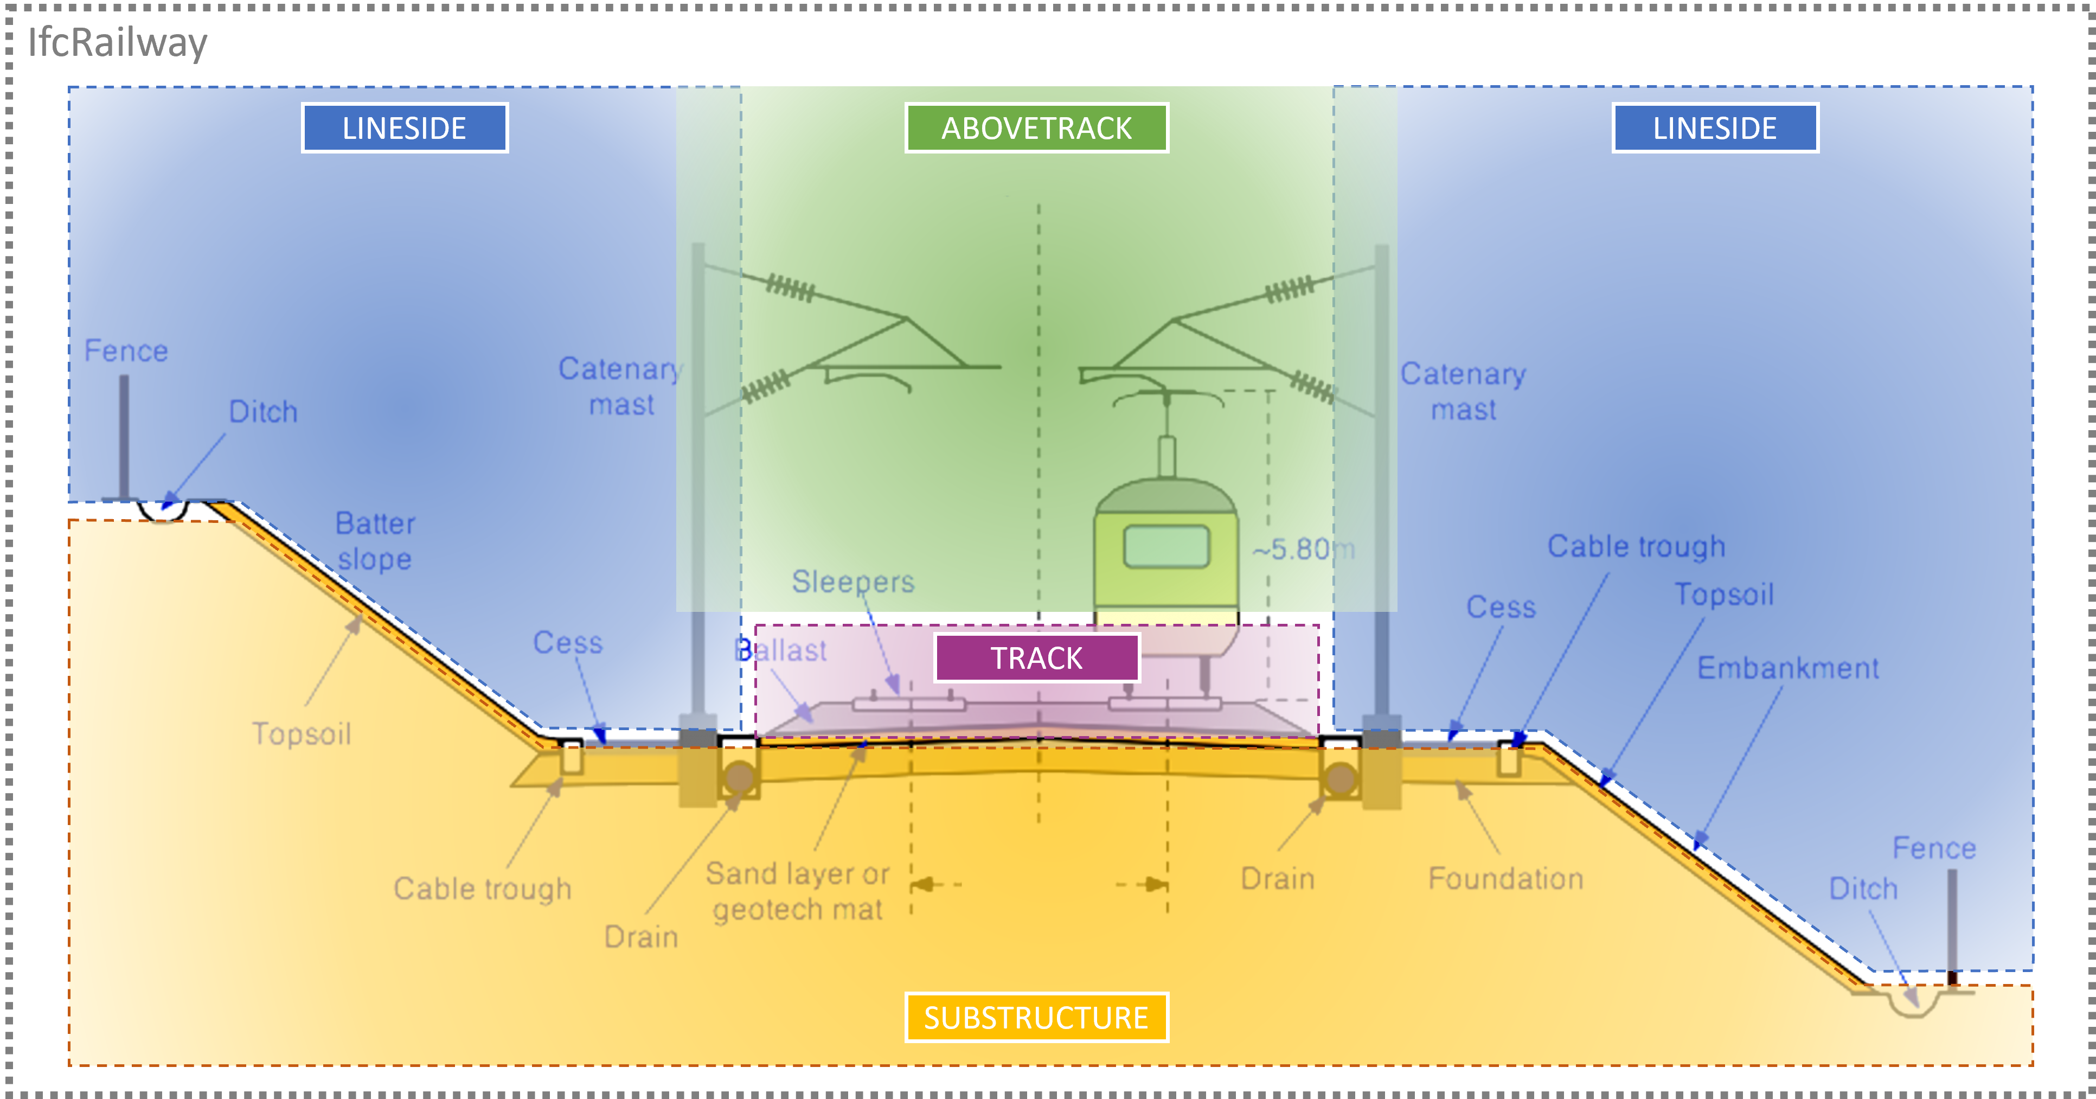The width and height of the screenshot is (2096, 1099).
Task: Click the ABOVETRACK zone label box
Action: (x=1036, y=128)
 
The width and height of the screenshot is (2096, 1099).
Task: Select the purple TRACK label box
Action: (x=1036, y=658)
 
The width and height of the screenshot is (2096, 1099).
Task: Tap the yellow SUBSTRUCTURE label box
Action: (x=1036, y=1018)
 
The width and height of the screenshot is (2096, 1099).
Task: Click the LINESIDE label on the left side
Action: (x=405, y=128)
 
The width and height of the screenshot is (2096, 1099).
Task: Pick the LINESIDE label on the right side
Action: (x=1715, y=128)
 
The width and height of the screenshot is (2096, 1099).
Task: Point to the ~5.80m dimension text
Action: (x=1303, y=549)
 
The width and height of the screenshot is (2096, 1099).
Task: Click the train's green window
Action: (x=1166, y=545)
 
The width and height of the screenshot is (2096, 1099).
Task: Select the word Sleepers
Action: (x=852, y=582)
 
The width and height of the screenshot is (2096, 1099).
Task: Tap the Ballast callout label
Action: (x=781, y=650)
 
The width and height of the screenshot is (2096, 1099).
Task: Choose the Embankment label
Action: (x=1787, y=668)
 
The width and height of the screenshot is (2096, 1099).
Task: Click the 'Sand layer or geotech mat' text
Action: (x=797, y=891)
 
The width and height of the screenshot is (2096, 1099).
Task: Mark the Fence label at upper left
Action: (x=126, y=351)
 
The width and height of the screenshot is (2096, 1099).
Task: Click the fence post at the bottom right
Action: (x=1952, y=924)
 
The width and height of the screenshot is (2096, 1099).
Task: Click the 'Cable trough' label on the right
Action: (x=1636, y=546)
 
